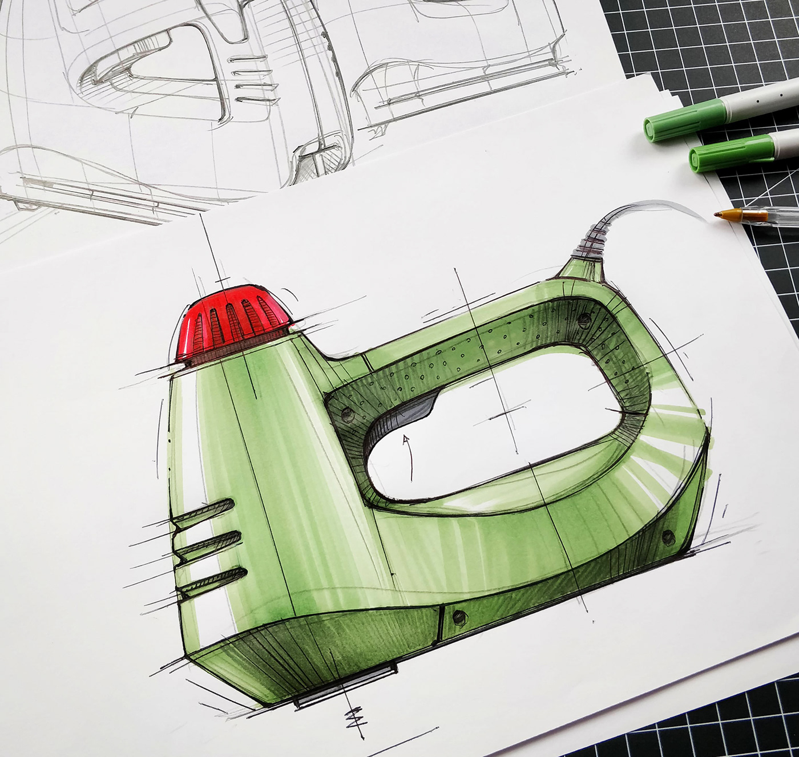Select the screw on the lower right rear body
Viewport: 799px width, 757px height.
(x=666, y=536)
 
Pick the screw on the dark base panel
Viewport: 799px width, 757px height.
(x=459, y=616)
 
